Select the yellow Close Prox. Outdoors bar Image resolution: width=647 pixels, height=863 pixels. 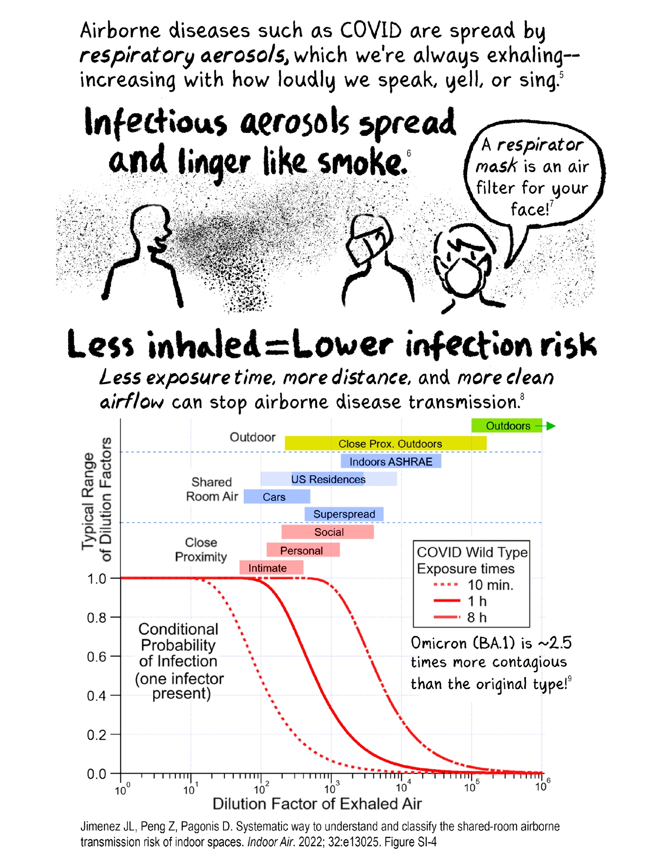click(x=385, y=444)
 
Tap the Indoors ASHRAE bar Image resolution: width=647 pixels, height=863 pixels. click(x=390, y=462)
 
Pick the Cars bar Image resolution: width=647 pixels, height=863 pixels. click(x=276, y=497)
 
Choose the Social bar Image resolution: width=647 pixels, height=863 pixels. click(x=327, y=532)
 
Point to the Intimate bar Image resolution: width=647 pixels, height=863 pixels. click(x=271, y=568)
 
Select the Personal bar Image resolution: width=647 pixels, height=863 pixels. click(x=303, y=550)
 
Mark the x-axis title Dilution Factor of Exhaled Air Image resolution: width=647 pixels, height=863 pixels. click(x=317, y=804)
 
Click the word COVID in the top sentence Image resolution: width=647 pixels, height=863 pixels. click(x=371, y=31)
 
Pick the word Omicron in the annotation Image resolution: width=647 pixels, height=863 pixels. click(x=439, y=643)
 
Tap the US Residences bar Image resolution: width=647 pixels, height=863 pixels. click(x=328, y=479)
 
